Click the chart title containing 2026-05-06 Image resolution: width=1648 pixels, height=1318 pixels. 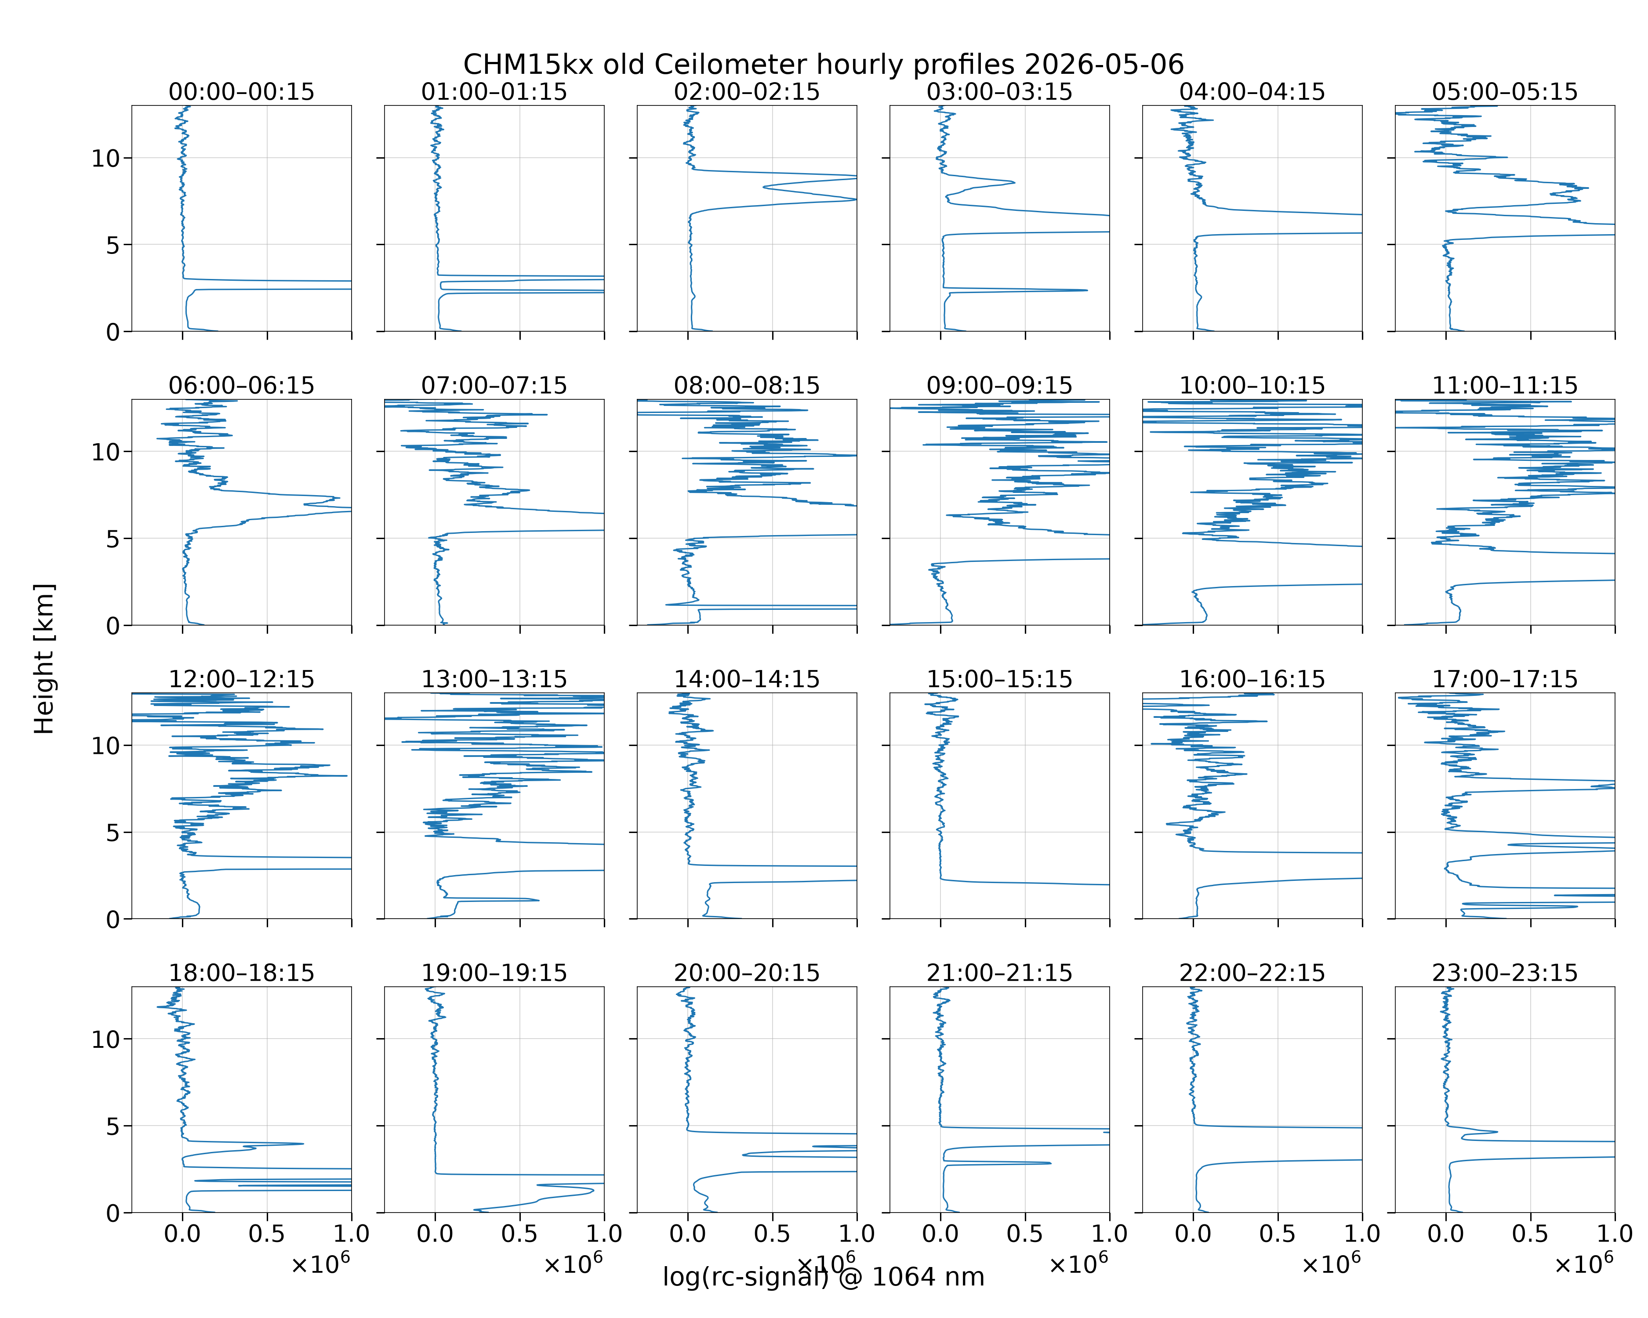coord(823,64)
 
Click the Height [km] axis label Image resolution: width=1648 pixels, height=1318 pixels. coord(44,659)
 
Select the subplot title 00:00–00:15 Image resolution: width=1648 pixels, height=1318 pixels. coord(242,92)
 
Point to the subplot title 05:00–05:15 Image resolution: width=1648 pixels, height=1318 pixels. coord(1505,92)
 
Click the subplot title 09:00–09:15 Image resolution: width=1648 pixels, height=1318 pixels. coord(1000,385)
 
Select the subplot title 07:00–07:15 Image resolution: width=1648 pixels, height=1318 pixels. coord(494,385)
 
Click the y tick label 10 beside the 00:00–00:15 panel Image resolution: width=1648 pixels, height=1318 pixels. coord(106,159)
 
